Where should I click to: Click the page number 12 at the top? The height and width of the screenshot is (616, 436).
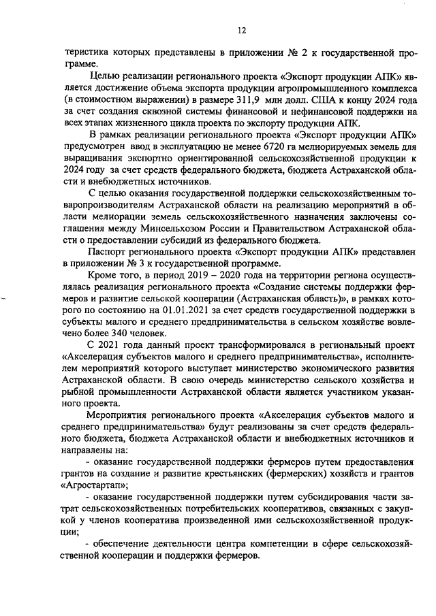[241, 31]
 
